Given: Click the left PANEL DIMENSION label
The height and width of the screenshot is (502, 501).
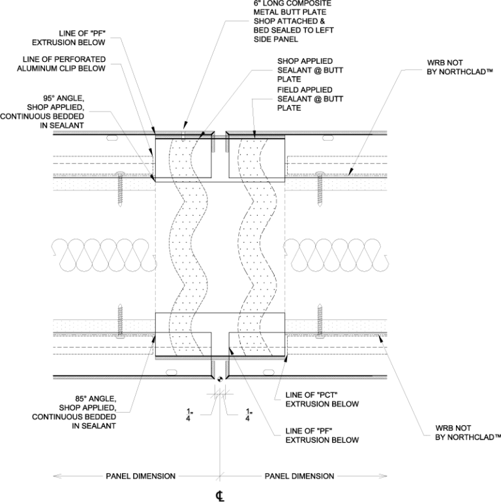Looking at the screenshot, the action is coord(140,476).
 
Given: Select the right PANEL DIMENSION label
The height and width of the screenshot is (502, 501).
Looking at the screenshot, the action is coord(299,476).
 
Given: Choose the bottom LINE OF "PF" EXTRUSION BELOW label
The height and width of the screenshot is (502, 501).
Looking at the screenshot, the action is coord(322,436).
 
